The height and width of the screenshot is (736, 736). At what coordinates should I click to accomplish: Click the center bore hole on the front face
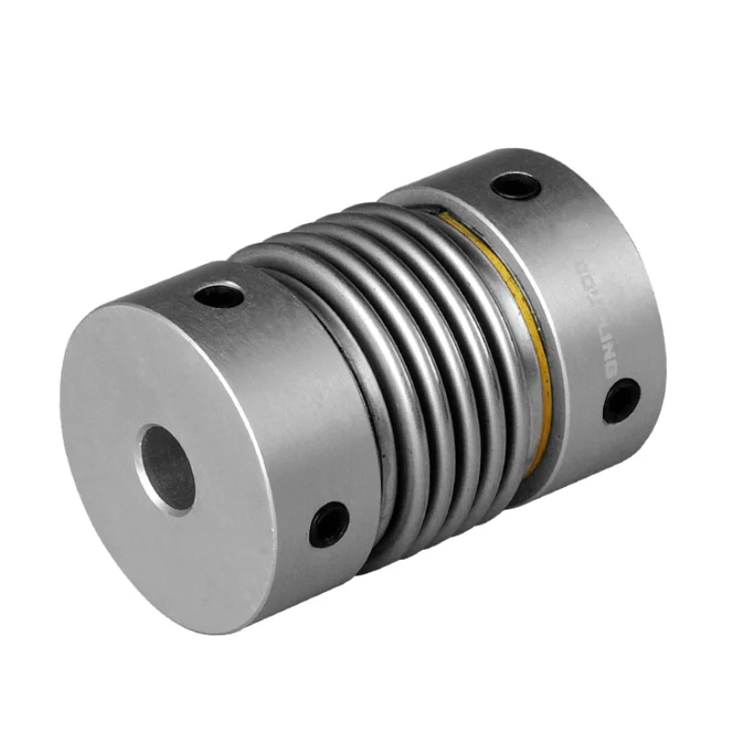[x=166, y=466]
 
